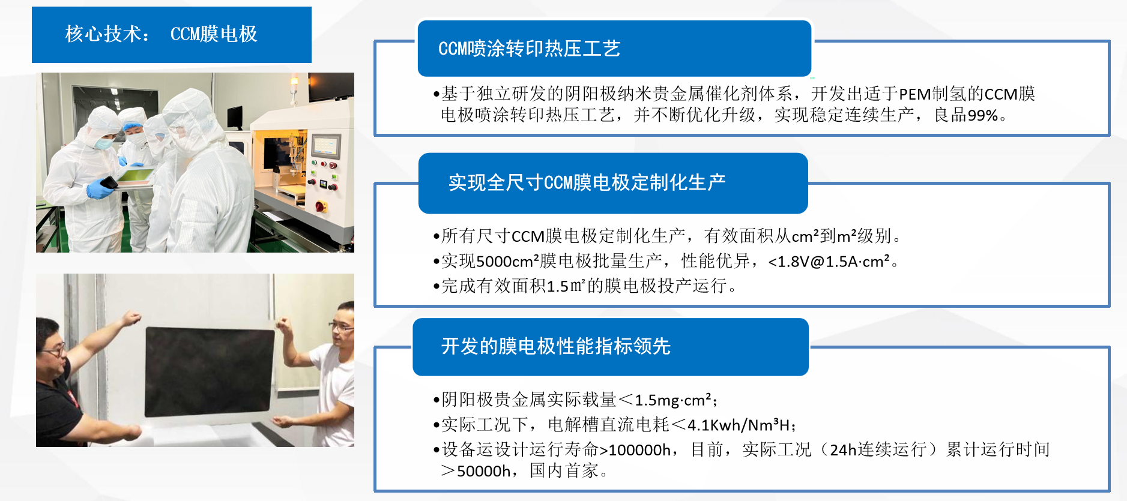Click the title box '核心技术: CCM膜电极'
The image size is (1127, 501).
172,35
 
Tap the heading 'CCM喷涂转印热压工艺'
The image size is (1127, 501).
529,49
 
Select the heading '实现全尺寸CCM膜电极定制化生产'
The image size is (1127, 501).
587,182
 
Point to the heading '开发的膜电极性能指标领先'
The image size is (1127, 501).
555,346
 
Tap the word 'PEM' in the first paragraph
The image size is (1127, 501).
915,94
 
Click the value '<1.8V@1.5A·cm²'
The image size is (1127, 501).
829,262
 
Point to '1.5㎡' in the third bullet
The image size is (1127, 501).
566,286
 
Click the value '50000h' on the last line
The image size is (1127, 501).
483,471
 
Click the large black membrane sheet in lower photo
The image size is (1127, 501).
210,372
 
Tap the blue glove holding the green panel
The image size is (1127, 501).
100,189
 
